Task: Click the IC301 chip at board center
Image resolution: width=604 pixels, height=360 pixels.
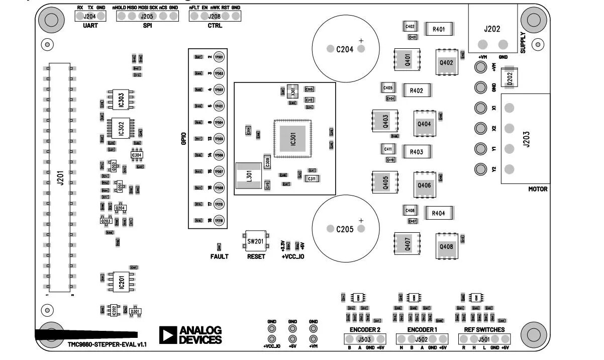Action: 293,139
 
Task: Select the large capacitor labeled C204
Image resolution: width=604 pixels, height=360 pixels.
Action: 345,49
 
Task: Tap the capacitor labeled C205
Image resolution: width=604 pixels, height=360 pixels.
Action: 345,229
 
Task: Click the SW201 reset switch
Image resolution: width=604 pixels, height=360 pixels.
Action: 255,242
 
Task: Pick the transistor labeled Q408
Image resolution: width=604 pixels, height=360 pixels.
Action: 446,246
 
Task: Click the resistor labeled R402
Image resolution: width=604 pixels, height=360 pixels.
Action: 416,91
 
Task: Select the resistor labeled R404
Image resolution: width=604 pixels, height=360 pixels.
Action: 439,213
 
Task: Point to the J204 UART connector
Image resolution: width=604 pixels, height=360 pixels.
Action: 90,16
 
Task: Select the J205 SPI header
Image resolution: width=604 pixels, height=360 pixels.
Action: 147,16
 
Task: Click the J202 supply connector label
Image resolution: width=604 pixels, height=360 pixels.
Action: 492,29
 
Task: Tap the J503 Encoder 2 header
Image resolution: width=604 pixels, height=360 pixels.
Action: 364,340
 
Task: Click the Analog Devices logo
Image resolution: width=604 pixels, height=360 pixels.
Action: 190,335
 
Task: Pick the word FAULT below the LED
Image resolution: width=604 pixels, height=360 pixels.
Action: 219,256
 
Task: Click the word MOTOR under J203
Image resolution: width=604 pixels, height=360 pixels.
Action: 538,189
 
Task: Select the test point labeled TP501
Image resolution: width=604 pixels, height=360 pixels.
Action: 219,57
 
